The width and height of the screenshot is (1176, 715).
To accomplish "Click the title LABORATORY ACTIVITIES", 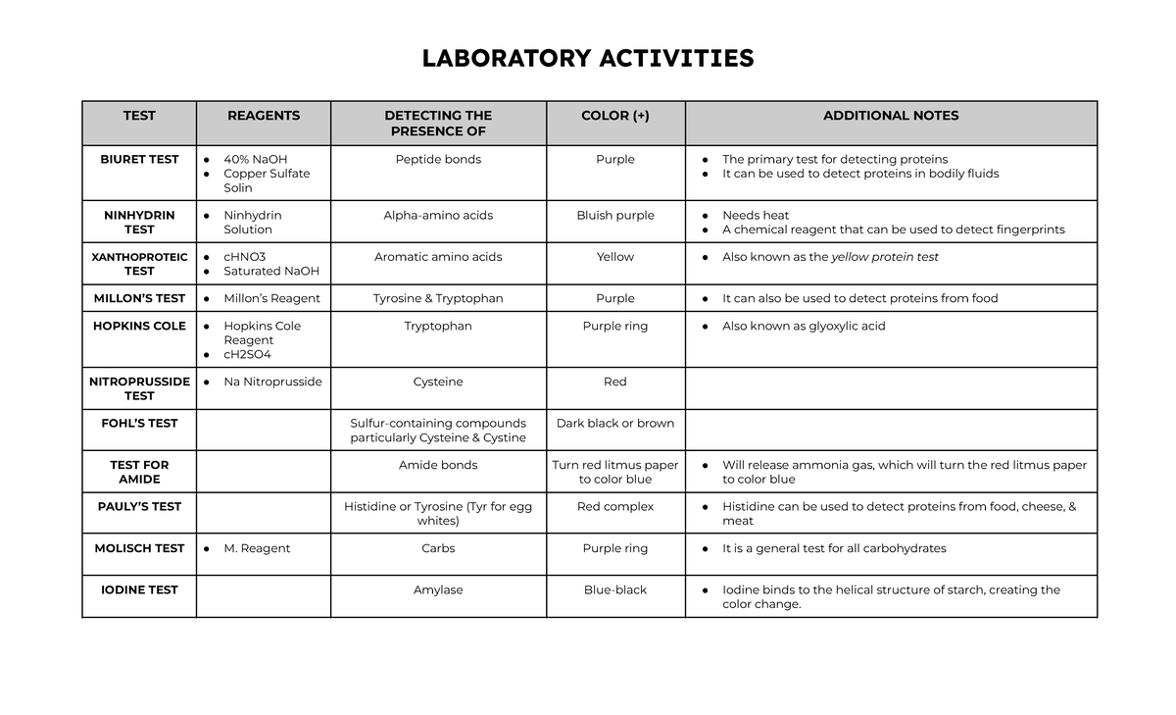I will pyautogui.click(x=588, y=59).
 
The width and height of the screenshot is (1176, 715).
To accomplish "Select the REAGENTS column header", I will pyautogui.click(x=264, y=116).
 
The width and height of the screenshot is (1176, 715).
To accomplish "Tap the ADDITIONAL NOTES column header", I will pyautogui.click(x=891, y=116).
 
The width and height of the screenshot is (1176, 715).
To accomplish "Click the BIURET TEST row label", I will pyautogui.click(x=139, y=159).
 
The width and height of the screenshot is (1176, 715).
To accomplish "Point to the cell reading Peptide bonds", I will pyautogui.click(x=438, y=159).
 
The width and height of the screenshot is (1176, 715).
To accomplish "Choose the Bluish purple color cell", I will pyautogui.click(x=615, y=215).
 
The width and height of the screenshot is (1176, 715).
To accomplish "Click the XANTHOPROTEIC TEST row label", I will pyautogui.click(x=139, y=264).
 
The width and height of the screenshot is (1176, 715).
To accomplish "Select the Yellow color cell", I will pyautogui.click(x=615, y=257).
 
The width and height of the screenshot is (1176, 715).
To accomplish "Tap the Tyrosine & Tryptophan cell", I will pyautogui.click(x=438, y=298).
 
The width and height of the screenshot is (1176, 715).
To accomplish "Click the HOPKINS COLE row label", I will pyautogui.click(x=139, y=326).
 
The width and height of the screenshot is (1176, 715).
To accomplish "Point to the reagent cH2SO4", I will pyautogui.click(x=247, y=354).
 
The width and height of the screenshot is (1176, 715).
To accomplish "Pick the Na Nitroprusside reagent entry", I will pyautogui.click(x=272, y=382).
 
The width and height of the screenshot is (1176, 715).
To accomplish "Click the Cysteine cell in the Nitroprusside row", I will pyautogui.click(x=438, y=382).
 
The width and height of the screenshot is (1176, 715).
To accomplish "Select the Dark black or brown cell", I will pyautogui.click(x=615, y=424).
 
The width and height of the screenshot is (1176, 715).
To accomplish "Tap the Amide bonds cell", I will pyautogui.click(x=438, y=465).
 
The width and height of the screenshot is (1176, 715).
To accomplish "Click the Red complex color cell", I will pyautogui.click(x=615, y=507).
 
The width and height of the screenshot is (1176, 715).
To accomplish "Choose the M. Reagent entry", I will pyautogui.click(x=257, y=548).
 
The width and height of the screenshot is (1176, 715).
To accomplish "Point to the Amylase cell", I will pyautogui.click(x=438, y=589).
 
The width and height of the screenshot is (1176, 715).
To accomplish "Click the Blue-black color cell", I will pyautogui.click(x=615, y=589).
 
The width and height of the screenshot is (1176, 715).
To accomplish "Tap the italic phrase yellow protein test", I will pyautogui.click(x=885, y=257).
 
